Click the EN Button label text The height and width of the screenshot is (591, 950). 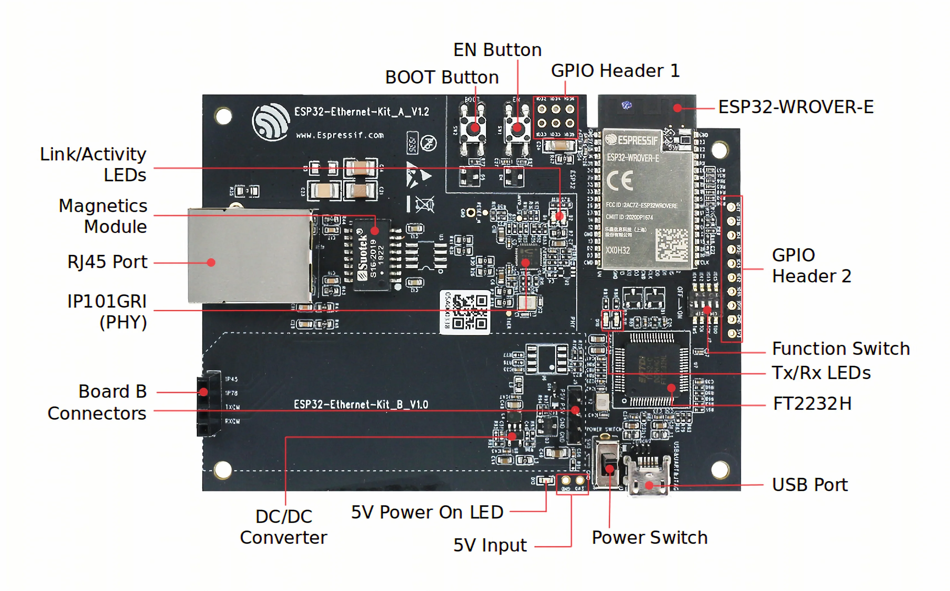coord(497,50)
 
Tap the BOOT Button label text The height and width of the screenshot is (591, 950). coord(442,77)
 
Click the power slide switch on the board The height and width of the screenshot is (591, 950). coord(608,463)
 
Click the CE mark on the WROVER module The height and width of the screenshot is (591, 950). coord(619,181)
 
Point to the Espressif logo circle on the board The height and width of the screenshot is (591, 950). coord(271,121)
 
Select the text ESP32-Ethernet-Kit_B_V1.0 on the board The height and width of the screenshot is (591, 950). coord(361,404)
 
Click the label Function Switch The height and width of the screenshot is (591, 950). coord(840,349)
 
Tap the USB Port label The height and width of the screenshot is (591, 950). coord(810,485)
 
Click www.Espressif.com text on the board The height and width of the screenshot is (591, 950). coord(340,135)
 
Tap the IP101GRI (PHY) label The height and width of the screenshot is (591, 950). coord(107,312)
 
